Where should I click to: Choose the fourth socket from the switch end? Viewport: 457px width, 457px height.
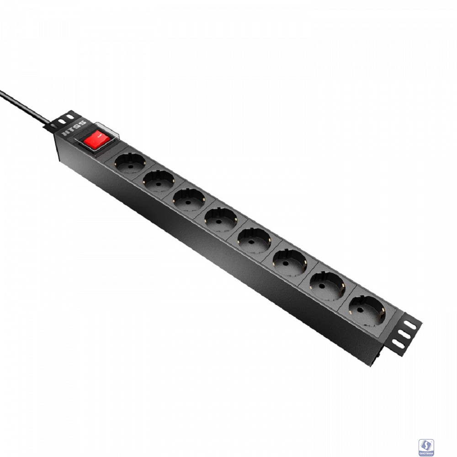tap(220, 219)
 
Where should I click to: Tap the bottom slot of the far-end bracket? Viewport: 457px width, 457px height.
tap(398, 344)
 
